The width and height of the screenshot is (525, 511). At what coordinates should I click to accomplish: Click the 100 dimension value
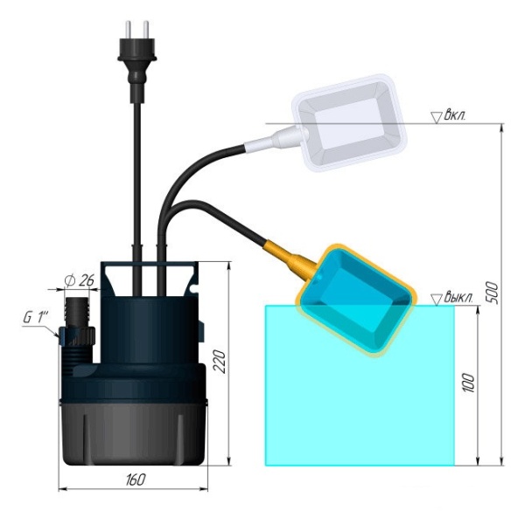(469, 383)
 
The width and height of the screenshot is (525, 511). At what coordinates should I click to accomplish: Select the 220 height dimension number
(220, 362)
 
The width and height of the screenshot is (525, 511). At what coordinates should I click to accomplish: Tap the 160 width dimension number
(136, 480)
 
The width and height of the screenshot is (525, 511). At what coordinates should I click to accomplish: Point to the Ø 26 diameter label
(79, 280)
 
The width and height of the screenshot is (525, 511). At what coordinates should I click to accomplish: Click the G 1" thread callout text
(36, 317)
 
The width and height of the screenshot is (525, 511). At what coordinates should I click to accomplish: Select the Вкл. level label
(455, 115)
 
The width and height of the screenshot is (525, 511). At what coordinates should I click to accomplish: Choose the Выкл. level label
(458, 297)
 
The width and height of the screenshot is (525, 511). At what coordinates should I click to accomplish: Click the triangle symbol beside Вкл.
(436, 118)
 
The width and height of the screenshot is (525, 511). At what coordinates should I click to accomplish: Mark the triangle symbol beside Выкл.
(437, 300)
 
